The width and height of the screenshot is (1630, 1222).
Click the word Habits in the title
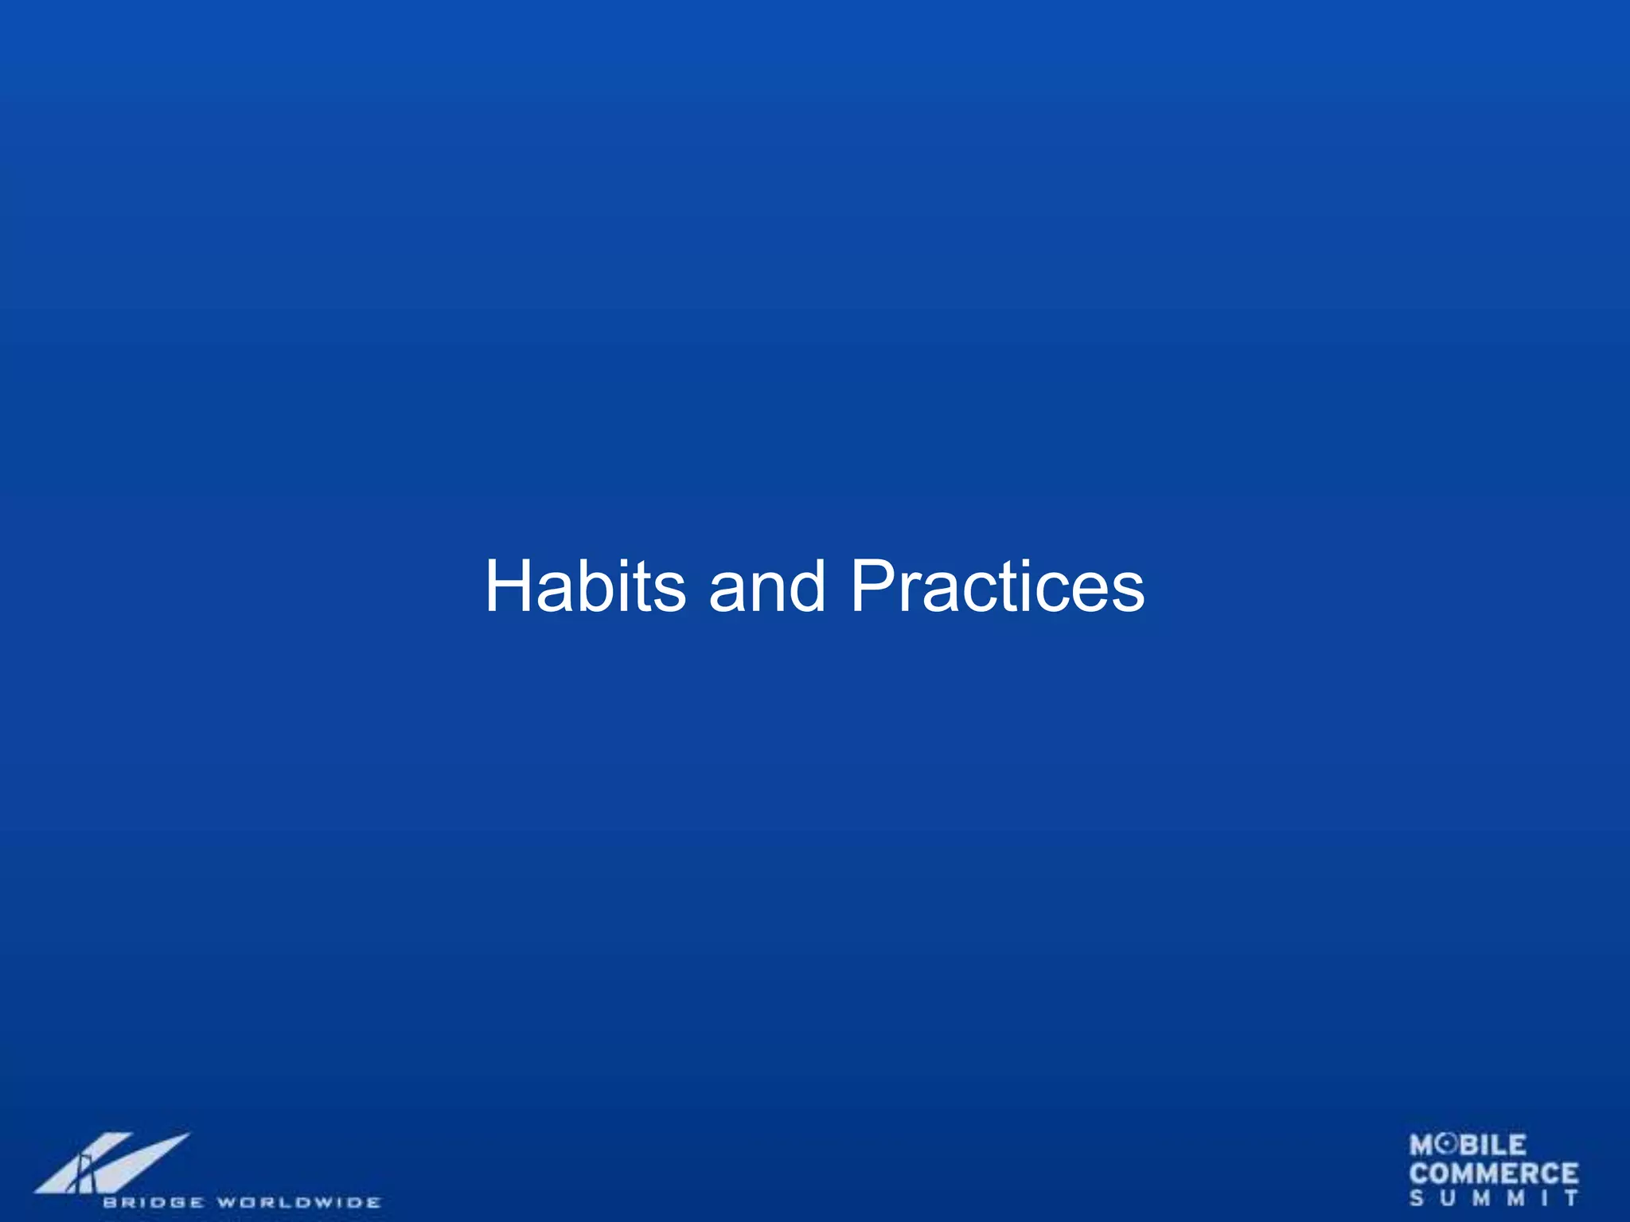(585, 586)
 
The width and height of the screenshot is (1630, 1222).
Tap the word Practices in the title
(997, 586)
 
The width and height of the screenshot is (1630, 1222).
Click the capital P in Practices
(875, 586)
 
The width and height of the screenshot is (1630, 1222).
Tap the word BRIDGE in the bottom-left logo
(152, 1202)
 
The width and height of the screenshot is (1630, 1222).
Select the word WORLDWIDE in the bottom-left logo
(299, 1202)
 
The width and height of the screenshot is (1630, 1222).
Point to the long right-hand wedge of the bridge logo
(143, 1160)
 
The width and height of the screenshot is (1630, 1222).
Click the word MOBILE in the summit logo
(1468, 1146)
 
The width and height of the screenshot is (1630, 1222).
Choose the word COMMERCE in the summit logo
(1494, 1173)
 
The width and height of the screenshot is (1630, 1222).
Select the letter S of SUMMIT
(1417, 1198)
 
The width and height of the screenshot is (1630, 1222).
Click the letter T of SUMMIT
(1571, 1198)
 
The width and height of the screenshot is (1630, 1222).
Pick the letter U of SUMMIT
(1448, 1198)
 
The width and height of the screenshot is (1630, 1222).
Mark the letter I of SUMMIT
(1543, 1198)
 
